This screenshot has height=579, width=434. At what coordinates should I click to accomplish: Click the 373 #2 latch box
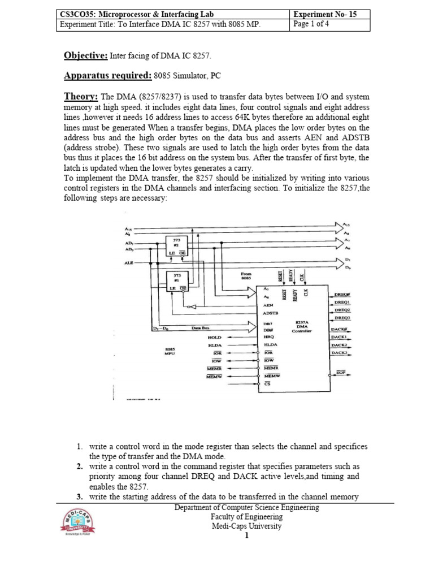tap(176, 245)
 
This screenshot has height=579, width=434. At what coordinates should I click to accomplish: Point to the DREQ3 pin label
tap(342, 318)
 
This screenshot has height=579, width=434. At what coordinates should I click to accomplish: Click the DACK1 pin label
tap(339, 336)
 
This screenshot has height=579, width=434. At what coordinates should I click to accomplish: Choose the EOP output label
tap(341, 374)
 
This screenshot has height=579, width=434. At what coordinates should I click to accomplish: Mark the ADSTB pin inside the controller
tap(272, 312)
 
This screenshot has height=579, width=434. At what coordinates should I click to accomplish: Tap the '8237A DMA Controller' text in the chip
tap(301, 327)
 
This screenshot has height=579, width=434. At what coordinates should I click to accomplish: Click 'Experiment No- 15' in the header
tap(323, 14)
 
